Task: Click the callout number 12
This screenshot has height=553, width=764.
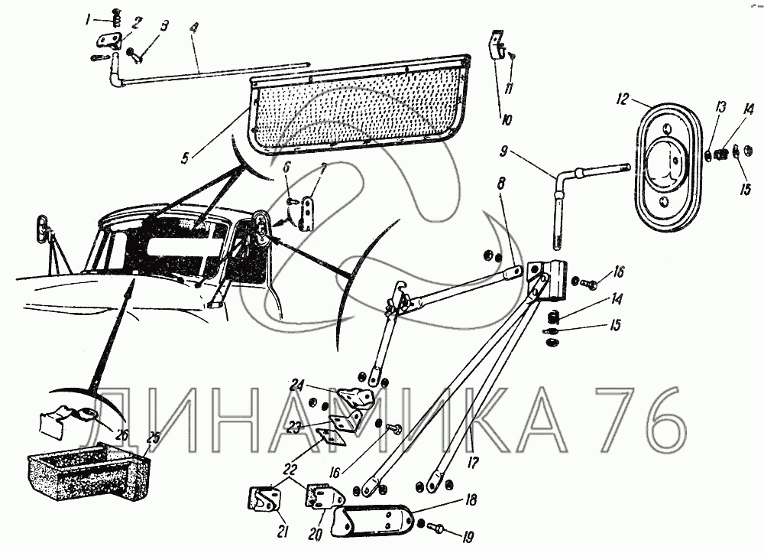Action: click(x=623, y=99)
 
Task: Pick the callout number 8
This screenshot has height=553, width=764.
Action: click(x=501, y=184)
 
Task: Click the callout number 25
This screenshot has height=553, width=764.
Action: click(x=153, y=438)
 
